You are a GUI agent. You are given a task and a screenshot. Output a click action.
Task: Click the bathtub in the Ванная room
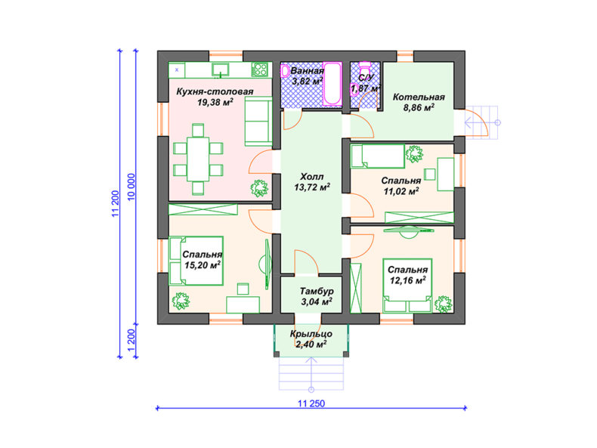click(x=332, y=84)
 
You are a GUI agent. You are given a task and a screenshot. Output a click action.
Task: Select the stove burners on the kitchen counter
click(x=261, y=70)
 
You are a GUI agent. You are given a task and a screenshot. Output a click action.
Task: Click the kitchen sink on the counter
click(x=221, y=70)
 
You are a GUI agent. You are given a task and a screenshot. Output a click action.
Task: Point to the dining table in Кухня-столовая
click(x=198, y=159)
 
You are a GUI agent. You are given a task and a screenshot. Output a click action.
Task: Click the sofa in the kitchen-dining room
click(x=258, y=121)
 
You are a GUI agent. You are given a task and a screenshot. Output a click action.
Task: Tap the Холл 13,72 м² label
click(x=312, y=182)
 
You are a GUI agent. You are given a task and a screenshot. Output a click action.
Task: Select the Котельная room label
click(x=419, y=97)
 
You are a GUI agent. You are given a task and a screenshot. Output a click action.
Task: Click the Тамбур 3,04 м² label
click(x=317, y=296)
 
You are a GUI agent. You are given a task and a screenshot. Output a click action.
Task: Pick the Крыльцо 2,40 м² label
click(x=311, y=339)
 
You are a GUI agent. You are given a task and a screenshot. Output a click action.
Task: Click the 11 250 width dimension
click(x=311, y=403)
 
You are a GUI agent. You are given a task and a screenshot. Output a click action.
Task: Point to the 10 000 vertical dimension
click(x=131, y=187)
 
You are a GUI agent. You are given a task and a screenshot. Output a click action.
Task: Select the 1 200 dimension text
click(x=131, y=341)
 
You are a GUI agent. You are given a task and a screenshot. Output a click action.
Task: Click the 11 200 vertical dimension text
click(x=116, y=204)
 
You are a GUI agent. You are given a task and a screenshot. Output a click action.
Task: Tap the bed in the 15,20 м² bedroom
click(x=196, y=261)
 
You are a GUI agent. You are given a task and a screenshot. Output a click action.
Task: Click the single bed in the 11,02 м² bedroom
click(x=378, y=156)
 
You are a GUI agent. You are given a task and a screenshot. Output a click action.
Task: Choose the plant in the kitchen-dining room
click(x=260, y=188)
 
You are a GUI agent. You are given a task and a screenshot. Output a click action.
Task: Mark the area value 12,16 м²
click(x=408, y=280)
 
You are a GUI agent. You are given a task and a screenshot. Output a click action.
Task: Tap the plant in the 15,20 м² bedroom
click(x=181, y=301)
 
